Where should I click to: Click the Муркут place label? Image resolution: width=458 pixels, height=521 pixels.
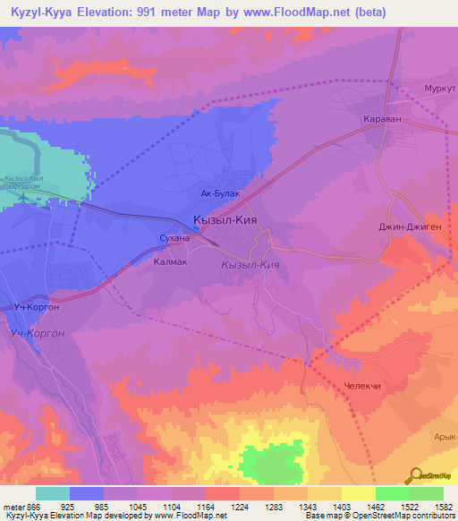439,89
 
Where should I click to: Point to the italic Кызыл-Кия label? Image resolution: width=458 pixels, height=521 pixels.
251,265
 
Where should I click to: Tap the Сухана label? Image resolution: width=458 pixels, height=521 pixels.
174,239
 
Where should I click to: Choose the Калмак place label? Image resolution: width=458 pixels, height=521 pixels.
170,263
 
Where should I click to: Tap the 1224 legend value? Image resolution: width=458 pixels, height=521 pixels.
240,506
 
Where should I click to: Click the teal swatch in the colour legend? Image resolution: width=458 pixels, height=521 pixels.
52,493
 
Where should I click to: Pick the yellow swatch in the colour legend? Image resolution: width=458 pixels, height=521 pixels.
358,493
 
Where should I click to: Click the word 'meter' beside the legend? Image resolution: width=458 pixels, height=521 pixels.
14,506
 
